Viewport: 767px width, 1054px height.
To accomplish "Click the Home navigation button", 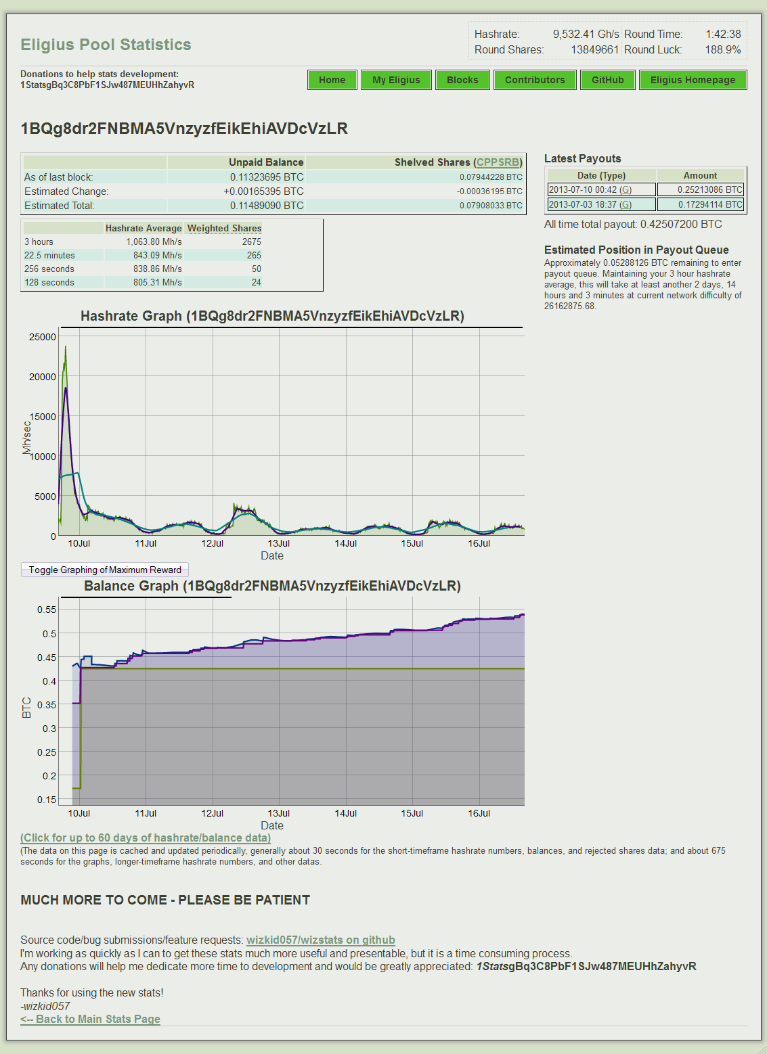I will click(x=332, y=80).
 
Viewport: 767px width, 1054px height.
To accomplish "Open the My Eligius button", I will click(x=396, y=80).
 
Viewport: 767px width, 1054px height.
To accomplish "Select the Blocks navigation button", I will click(x=462, y=80).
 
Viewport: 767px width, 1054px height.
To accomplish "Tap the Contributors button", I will click(x=535, y=80).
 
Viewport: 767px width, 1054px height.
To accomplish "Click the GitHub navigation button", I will click(x=607, y=80).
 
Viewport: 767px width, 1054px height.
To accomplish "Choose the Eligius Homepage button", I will click(x=693, y=80).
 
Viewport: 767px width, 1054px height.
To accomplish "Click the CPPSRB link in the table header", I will click(x=498, y=162).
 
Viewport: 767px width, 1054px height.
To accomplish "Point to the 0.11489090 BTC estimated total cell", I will click(x=267, y=206).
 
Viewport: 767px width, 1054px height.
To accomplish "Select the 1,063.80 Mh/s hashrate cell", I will click(x=154, y=242).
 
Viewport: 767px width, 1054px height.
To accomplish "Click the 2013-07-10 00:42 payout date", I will click(x=583, y=190).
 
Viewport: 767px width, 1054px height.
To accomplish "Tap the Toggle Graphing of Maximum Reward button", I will click(x=105, y=570).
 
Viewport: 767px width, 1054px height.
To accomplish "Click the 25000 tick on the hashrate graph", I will click(x=43, y=337).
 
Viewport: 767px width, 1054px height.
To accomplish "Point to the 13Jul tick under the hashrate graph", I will click(x=278, y=543).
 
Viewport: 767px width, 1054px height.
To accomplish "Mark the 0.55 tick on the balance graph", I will click(x=47, y=610).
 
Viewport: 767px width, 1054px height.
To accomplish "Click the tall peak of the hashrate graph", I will click(x=66, y=348).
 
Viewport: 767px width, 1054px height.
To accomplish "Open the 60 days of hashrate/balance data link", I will click(x=146, y=838).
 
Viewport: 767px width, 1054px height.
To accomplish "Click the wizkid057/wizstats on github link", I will click(x=320, y=940).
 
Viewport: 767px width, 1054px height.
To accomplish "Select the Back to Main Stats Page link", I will click(x=90, y=1019).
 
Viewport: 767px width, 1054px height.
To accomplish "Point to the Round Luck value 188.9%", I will click(x=722, y=50).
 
